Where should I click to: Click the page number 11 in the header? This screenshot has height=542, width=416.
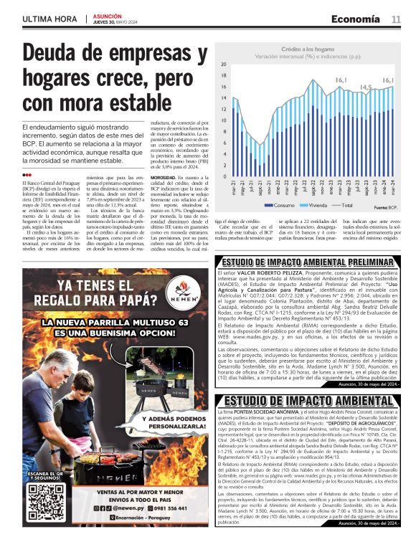(397, 19)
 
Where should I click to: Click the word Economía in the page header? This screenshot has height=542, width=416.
(356, 19)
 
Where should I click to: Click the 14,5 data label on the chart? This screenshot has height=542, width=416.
(365, 87)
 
